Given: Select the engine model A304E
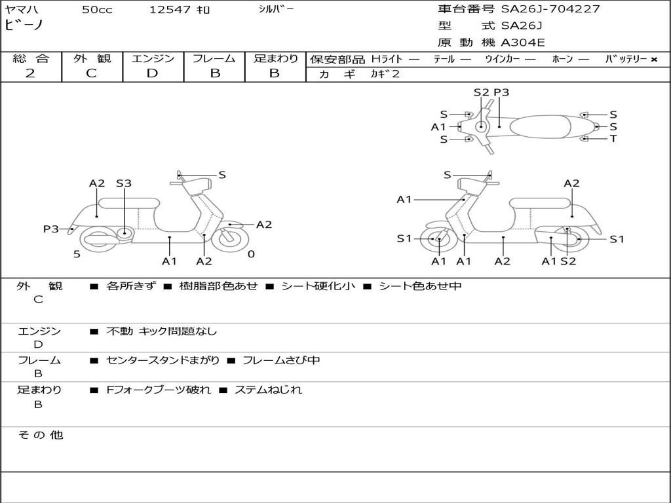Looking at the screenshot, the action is coord(523,43).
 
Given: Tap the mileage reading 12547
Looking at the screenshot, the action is coord(170,10).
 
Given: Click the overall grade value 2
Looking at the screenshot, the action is coord(30,73).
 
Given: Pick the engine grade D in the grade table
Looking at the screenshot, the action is coord(152,73).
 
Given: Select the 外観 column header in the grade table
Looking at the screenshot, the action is coord(92,58).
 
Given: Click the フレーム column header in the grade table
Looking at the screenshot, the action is coord(214,58).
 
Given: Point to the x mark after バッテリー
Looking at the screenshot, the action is coord(653,60).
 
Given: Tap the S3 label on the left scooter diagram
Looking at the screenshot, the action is coord(124,183).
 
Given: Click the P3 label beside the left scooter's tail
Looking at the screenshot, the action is coord(51,229).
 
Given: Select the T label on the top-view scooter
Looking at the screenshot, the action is coord(613,139).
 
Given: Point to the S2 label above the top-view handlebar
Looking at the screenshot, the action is coord(481,92).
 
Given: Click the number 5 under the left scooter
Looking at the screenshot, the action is coord(77,254).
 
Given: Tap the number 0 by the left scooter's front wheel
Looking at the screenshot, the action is coord(251,254).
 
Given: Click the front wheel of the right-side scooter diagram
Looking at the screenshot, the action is coord(438,240).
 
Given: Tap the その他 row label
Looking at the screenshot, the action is coord(40,435).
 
